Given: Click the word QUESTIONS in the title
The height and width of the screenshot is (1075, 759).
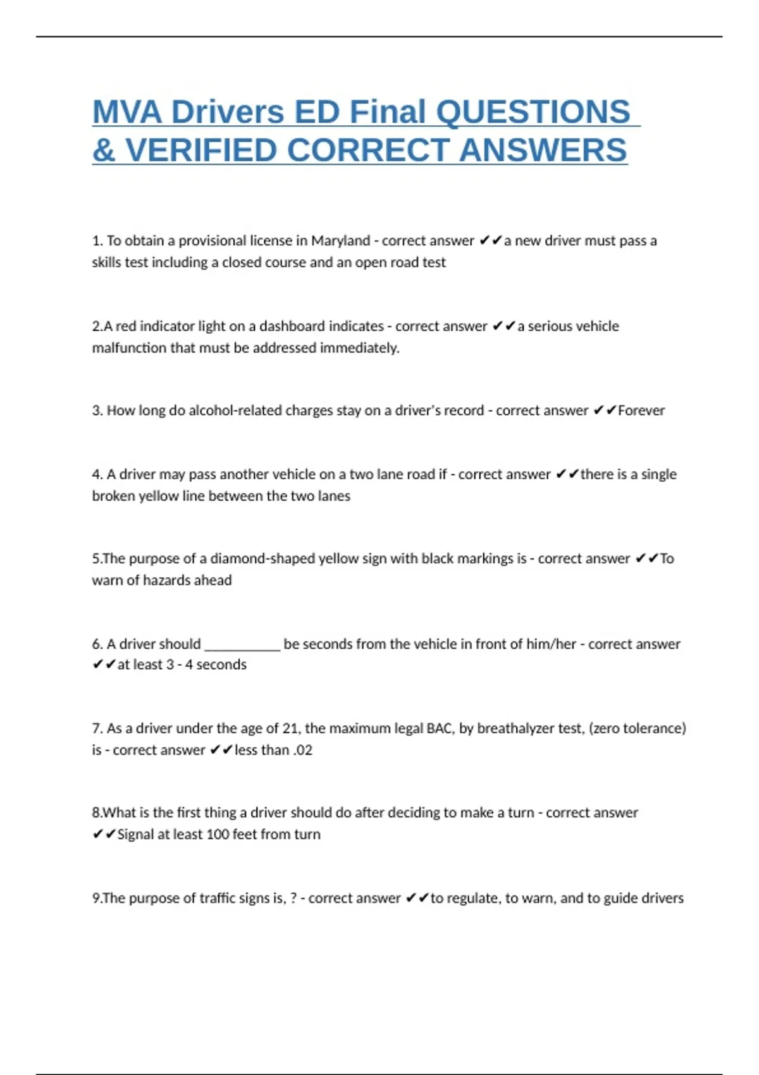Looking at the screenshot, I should click(533, 112).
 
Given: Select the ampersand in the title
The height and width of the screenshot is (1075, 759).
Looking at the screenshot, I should click(103, 150).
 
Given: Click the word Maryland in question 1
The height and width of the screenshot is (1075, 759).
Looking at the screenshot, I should click(340, 241).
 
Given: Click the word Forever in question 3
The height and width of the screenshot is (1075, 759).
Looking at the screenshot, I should click(641, 410).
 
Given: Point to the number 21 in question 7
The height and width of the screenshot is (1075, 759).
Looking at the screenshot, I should click(290, 728).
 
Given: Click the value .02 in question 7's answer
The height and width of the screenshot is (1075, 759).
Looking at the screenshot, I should click(302, 750).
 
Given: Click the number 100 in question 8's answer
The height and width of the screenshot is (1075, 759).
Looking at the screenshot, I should click(217, 834).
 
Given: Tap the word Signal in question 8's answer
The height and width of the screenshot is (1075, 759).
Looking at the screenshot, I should click(135, 834).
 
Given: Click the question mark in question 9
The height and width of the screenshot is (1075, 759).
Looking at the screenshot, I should click(293, 898).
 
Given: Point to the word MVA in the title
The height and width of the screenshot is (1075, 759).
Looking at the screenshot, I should click(127, 112).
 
